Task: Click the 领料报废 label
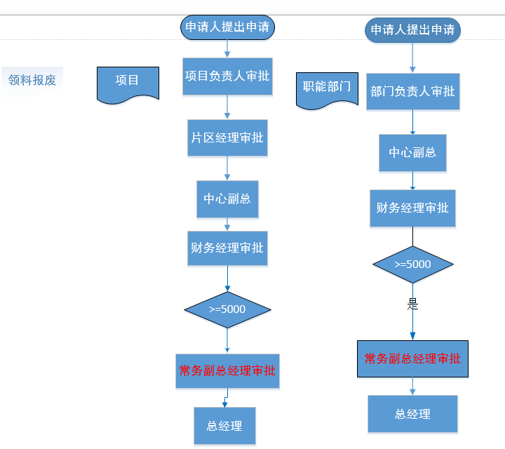coord(32,80)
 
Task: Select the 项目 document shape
coord(127,81)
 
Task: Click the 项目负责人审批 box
coord(227,76)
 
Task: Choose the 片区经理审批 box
coord(227,138)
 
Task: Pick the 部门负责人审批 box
coord(412,91)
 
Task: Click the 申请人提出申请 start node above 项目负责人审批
coord(227,27)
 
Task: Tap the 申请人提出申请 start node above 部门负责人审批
coord(412,30)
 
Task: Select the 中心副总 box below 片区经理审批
coord(227,199)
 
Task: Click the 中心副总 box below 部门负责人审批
coord(412,152)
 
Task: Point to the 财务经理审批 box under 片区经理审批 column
coord(227,248)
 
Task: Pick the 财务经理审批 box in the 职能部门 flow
coord(412,208)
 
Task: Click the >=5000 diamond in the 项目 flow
coord(227,309)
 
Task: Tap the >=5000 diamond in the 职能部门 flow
coord(412,264)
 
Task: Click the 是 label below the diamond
coord(412,304)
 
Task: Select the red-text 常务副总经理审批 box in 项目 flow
coord(227,371)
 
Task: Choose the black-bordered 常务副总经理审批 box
coord(412,358)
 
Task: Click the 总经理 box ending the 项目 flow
coord(224,426)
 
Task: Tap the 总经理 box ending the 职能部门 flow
coord(412,414)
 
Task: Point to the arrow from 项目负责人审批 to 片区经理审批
coord(227,106)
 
